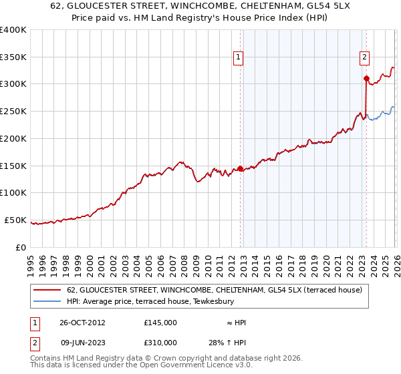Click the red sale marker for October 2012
pos(240,168)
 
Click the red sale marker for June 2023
pos(366,79)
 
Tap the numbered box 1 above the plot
pos(239,58)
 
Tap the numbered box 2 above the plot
pos(365,58)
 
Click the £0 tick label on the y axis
pos(21,247)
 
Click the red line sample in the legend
pos(48,290)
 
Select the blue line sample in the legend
pos(48,301)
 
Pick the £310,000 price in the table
pos(160,343)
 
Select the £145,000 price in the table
pos(160,323)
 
